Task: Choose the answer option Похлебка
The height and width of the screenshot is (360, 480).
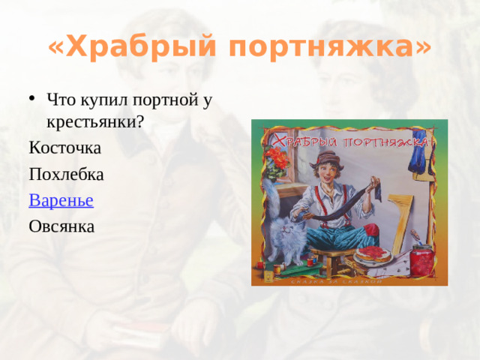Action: point(66,174)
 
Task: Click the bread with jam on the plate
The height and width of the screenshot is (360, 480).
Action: point(373,253)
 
